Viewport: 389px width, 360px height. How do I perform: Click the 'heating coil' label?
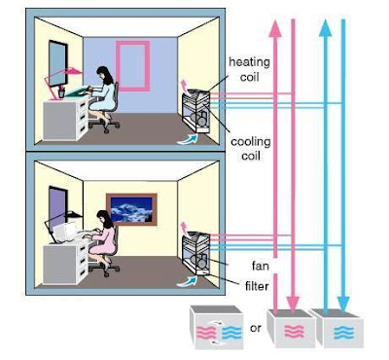click(x=249, y=69)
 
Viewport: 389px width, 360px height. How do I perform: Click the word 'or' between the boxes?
click(x=255, y=328)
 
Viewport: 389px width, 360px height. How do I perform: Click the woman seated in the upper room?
click(x=101, y=94)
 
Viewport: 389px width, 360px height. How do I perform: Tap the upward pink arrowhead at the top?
click(x=274, y=26)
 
